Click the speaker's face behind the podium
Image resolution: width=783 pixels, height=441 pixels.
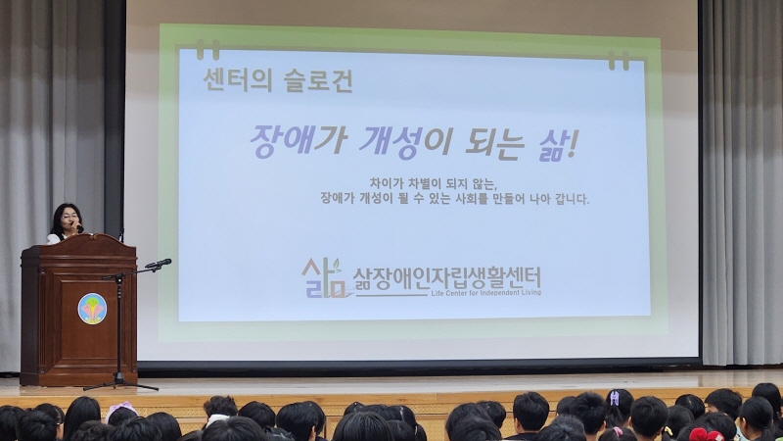tap(67, 220)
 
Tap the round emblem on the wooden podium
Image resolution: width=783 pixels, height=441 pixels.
tap(92, 308)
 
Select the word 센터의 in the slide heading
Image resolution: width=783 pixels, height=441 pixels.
tap(236, 80)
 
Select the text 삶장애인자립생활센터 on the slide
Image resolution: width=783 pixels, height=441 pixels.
tap(446, 277)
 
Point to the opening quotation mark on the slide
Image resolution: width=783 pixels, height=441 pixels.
tap(207, 49)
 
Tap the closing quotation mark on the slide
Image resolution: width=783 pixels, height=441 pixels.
tap(619, 60)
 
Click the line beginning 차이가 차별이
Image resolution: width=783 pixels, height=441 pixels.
tap(434, 183)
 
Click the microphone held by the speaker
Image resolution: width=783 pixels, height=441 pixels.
tap(77, 229)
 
